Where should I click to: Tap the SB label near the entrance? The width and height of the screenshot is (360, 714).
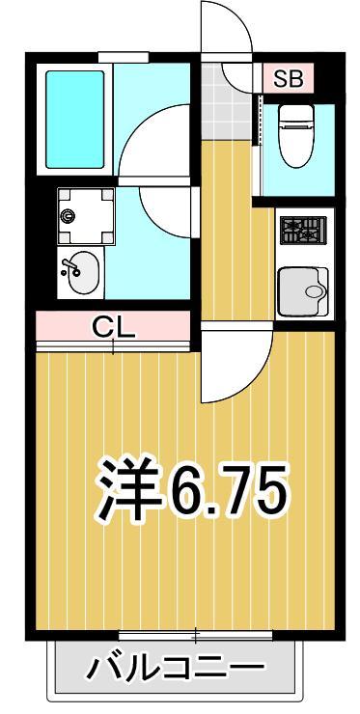tap(287, 78)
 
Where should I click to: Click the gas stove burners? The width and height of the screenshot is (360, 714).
tap(303, 232)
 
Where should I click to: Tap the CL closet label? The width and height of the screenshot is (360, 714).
tap(115, 326)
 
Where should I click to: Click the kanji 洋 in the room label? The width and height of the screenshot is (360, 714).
tap(130, 489)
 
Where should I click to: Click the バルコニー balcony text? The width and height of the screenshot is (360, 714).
tap(176, 667)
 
